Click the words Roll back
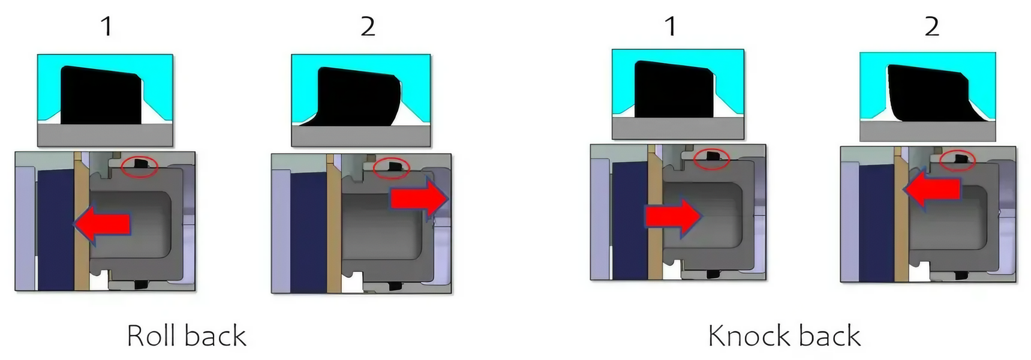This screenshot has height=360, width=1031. point(187,336)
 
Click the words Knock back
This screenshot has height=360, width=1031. point(784,336)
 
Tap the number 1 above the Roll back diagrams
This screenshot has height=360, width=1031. point(106,26)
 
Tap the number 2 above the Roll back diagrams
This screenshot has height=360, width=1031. point(368,26)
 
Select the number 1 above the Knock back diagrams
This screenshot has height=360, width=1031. point(671,26)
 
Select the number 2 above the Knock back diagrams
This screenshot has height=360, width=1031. point(931,26)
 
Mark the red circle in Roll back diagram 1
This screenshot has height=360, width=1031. point(139,166)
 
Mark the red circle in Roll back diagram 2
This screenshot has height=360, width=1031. point(391,167)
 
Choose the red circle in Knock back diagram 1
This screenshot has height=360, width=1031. point(711,159)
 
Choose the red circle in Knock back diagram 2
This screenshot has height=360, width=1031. point(957,160)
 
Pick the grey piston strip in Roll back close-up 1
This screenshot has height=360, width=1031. point(105,135)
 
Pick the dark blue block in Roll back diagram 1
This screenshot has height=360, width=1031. point(55,228)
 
